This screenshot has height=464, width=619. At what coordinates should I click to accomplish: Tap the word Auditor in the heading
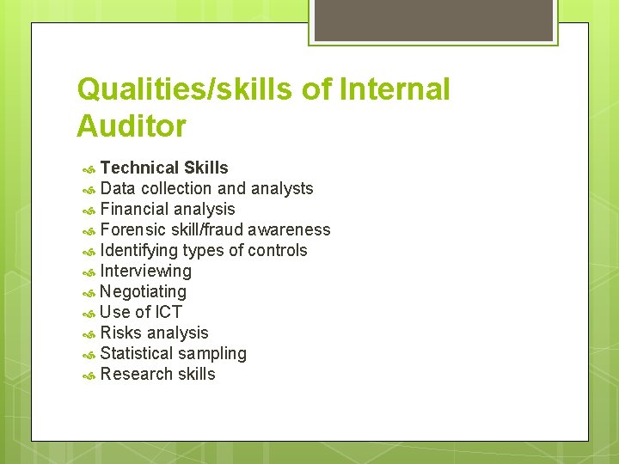(131, 126)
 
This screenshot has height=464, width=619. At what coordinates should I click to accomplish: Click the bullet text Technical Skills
(164, 168)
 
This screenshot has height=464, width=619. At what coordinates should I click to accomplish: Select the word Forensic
(134, 229)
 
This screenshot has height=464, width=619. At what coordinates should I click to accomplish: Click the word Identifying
(138, 250)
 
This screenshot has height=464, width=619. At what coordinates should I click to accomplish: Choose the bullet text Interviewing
(146, 271)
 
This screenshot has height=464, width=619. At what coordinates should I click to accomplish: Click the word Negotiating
(143, 291)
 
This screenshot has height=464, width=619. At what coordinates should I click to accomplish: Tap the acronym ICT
(169, 312)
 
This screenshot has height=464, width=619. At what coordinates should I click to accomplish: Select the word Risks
(121, 333)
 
